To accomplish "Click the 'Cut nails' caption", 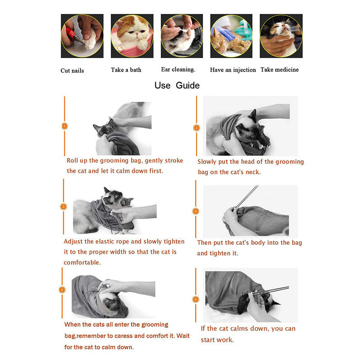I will click(72, 71).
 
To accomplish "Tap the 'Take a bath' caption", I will click(126, 70).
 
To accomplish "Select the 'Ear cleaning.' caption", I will click(178, 69).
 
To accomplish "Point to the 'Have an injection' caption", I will click(233, 70).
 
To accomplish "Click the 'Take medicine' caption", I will click(279, 69).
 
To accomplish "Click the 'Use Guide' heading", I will click(177, 85).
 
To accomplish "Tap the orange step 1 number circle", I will click(64, 126).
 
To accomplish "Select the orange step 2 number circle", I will click(196, 127).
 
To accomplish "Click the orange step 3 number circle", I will click(64, 207).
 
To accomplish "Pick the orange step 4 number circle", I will click(196, 211).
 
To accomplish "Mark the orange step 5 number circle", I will click(63, 289).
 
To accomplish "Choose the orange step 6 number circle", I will click(195, 299).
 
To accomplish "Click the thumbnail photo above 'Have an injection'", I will click(231, 36).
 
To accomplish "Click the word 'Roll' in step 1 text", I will click(72, 160).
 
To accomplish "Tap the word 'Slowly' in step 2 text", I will click(209, 162).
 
